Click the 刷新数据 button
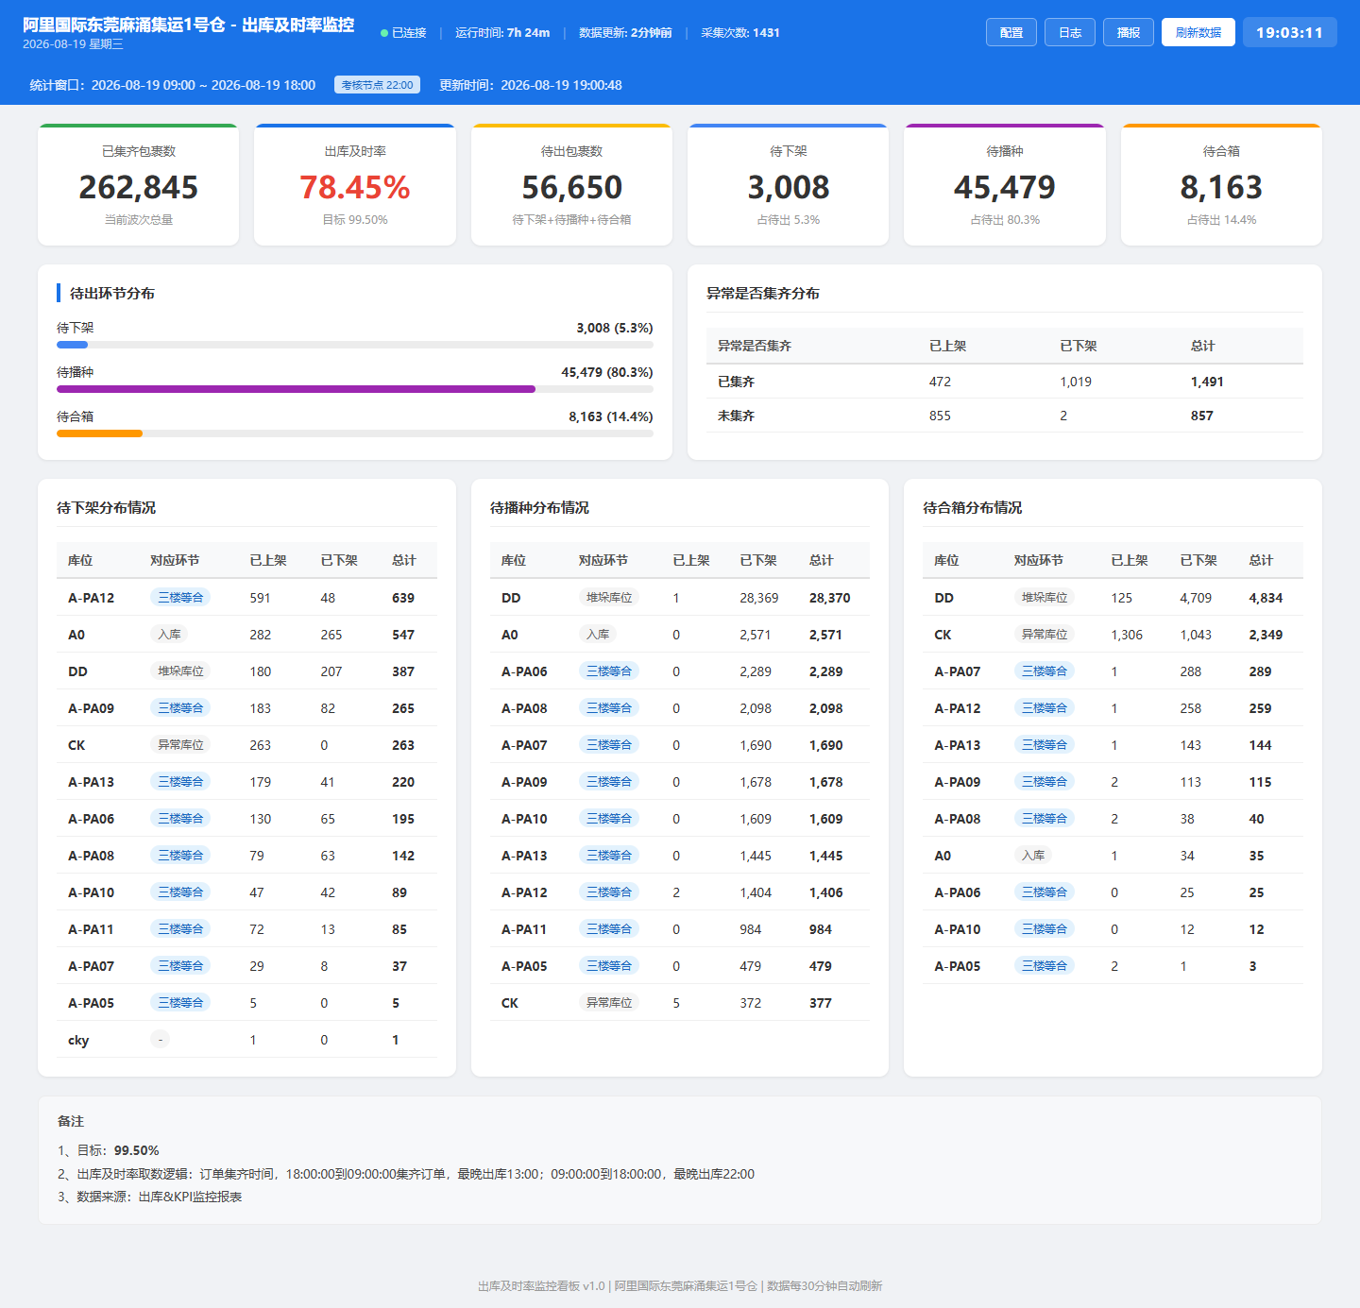(1198, 33)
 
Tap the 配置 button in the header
(1011, 33)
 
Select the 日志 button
(1069, 33)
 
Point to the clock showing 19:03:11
(1289, 33)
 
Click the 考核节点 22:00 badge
(377, 85)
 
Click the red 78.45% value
(355, 187)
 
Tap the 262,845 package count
(139, 187)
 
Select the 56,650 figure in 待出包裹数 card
(571, 187)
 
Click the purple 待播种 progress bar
(296, 389)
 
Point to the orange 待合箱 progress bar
(99, 433)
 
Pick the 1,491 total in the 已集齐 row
(1207, 382)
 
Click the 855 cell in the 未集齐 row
(940, 416)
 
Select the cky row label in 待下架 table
(78, 1040)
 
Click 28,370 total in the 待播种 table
(829, 598)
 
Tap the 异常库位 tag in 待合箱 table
(1045, 635)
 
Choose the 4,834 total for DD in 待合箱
(1266, 598)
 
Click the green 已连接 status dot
(384, 33)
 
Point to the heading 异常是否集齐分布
(762, 294)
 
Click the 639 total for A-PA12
(403, 598)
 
